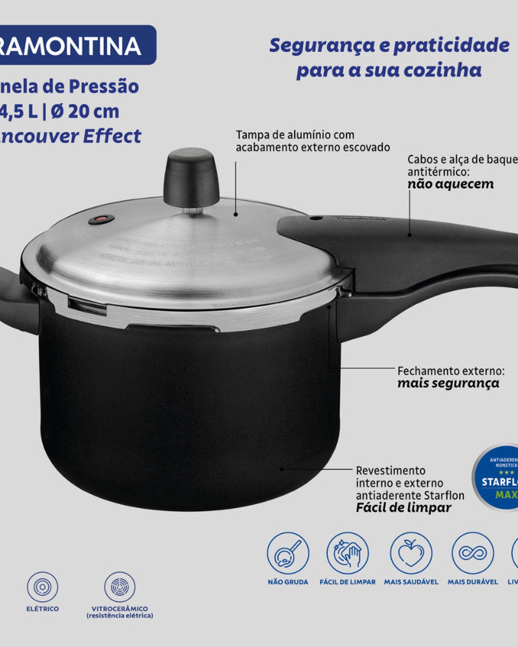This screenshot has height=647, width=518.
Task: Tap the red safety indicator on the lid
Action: point(101,219)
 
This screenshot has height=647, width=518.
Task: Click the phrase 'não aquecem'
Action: point(451,184)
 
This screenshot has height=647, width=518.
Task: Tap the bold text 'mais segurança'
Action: point(448,383)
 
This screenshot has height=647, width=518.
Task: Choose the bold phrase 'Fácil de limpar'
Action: point(403,508)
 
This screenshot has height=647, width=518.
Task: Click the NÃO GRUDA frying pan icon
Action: point(288,553)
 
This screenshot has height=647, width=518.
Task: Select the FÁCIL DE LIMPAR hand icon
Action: point(347,553)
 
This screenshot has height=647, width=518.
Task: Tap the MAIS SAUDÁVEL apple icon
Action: point(411,553)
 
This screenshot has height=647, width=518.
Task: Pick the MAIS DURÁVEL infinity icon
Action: point(472,553)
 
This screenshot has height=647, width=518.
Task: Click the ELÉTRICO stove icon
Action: point(42,587)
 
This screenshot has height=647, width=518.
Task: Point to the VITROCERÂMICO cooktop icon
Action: point(120,587)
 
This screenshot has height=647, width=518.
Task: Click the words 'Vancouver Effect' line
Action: point(72,136)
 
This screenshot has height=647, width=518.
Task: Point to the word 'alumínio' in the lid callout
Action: point(309,135)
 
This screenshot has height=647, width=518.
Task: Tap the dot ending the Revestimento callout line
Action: point(282,469)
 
